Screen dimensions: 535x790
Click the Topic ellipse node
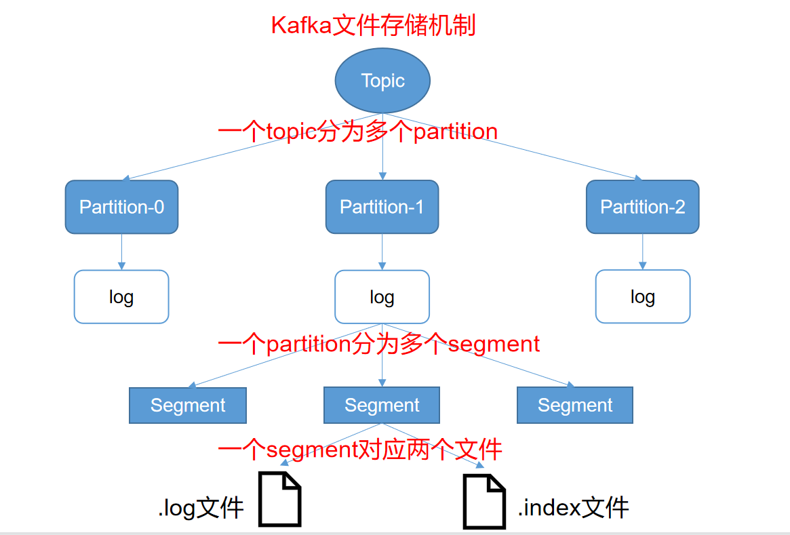click(x=382, y=81)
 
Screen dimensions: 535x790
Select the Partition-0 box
click(x=121, y=207)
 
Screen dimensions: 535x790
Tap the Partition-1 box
click(x=382, y=207)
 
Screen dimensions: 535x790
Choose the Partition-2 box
click(x=642, y=207)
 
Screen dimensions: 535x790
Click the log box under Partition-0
click(x=121, y=297)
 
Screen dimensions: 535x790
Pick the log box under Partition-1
click(x=382, y=297)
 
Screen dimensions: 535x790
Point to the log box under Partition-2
click(x=642, y=297)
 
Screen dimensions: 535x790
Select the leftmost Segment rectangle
click(x=188, y=405)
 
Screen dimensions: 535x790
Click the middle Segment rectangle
click(x=382, y=405)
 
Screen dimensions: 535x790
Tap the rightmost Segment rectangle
click(x=575, y=405)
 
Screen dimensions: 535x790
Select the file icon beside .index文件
click(x=484, y=501)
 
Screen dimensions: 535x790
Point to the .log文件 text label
click(x=201, y=507)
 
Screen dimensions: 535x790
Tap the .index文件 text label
click(x=574, y=507)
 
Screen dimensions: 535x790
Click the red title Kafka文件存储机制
click(x=373, y=25)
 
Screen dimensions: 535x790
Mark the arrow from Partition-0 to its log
click(x=121, y=252)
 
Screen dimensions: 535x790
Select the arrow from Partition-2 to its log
click(x=642, y=252)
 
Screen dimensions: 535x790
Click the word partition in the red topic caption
click(x=456, y=132)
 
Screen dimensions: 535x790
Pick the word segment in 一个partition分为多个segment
click(x=494, y=344)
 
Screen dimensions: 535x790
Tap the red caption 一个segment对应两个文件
click(x=360, y=450)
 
